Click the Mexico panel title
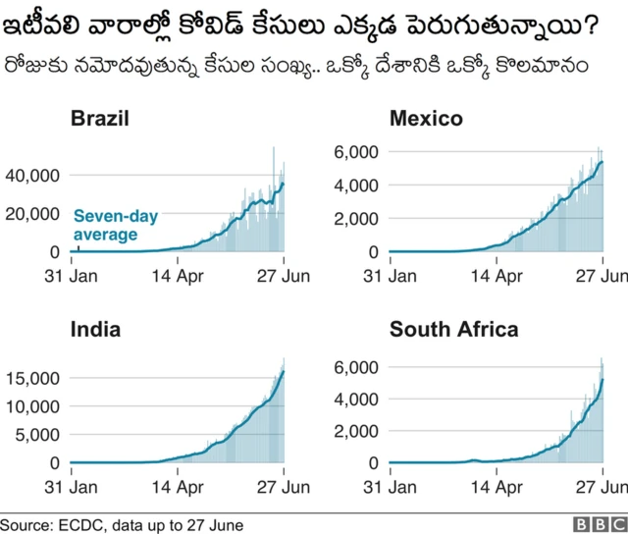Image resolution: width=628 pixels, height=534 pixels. pos(426,119)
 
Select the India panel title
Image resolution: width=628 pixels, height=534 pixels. pos(95,330)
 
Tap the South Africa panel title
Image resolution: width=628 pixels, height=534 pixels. pos(453,330)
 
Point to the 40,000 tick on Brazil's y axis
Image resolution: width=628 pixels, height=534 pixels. pos(32,175)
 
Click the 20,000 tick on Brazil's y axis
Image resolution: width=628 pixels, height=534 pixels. pos(32,214)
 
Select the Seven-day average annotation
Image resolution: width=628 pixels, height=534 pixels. pos(115,225)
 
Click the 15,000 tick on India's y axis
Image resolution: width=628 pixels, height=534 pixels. pos(32,378)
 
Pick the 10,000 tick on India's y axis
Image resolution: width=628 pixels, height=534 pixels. pos(32,406)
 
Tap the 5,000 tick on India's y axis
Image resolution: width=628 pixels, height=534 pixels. pos(37,435)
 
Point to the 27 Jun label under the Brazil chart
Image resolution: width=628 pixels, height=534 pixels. pos(285,276)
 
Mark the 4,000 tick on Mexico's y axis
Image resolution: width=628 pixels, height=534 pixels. pos(357,186)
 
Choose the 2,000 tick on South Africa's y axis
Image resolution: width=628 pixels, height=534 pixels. pos(357,431)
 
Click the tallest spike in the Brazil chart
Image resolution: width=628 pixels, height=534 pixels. pos(274,149)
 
